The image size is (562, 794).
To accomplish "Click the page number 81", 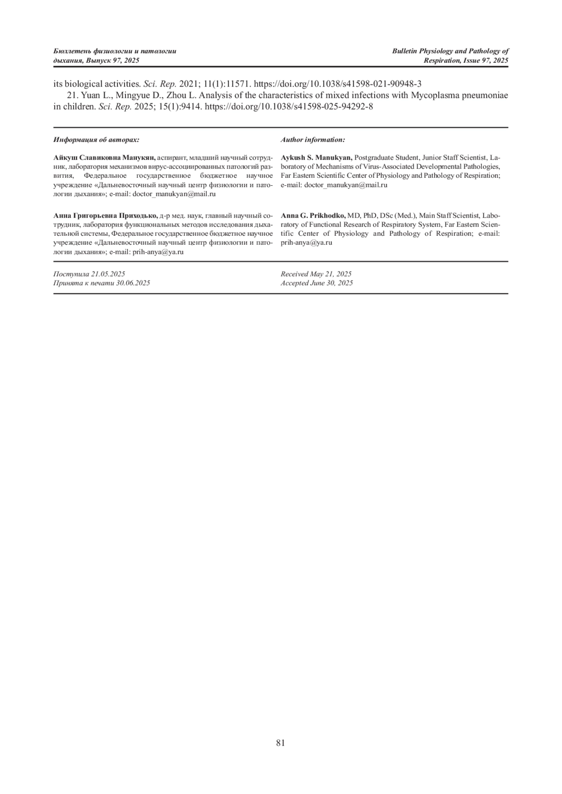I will coord(281,743).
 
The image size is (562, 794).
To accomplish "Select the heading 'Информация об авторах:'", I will coord(96,140).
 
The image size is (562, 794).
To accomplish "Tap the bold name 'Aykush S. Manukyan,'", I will coord(317,158).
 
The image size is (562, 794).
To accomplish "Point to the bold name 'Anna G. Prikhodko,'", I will coord(313,216).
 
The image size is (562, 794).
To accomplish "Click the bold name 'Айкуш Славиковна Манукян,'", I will coord(105,158).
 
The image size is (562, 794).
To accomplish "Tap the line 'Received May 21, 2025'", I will coord(316,274).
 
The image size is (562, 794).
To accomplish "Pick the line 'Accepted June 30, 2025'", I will coord(317,283).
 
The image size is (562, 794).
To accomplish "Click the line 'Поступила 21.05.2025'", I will coord(89,274).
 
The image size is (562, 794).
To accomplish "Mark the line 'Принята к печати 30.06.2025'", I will coord(102,283).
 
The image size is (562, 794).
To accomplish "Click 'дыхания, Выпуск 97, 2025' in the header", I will coord(96,61).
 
